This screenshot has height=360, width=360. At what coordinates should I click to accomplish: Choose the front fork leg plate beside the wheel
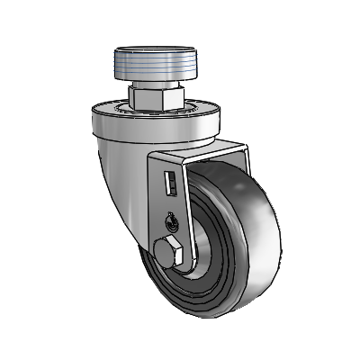(x=171, y=202)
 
